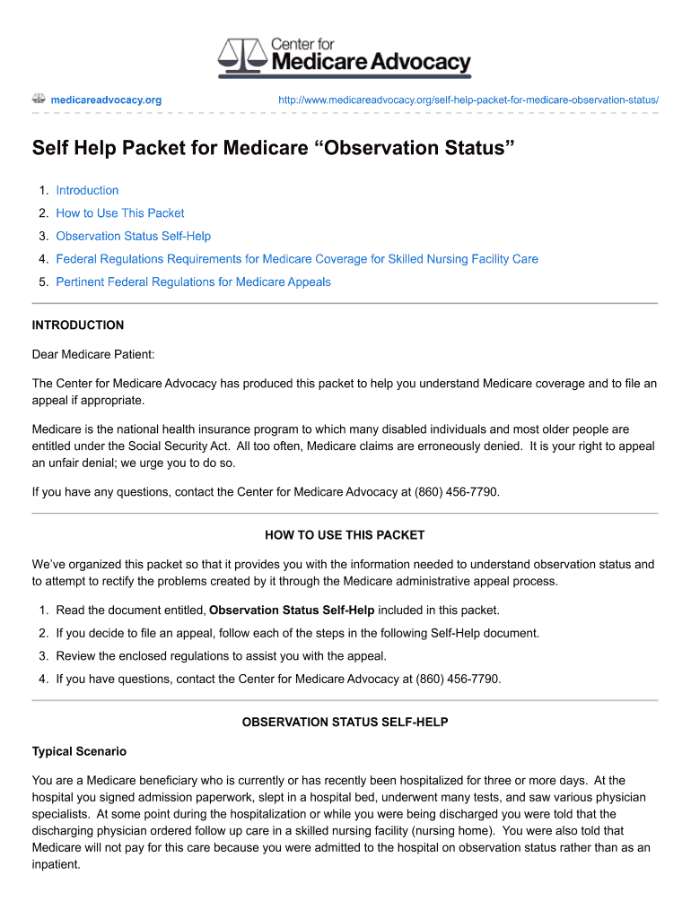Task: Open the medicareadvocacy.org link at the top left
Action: point(106,100)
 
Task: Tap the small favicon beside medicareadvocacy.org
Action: point(39,99)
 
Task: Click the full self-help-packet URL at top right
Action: point(468,100)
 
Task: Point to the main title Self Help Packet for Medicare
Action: point(274,148)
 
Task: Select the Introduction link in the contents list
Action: point(87,190)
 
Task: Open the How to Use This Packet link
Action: point(119,213)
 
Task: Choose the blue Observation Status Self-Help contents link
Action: point(133,236)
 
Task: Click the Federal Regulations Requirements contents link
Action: point(296,259)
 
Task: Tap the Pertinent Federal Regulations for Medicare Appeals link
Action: point(193,282)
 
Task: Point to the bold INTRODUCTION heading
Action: point(78,325)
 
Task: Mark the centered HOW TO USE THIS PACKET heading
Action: point(345,535)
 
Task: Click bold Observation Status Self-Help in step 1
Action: point(292,611)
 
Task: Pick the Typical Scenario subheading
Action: point(79,751)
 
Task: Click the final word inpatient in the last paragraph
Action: point(56,865)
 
